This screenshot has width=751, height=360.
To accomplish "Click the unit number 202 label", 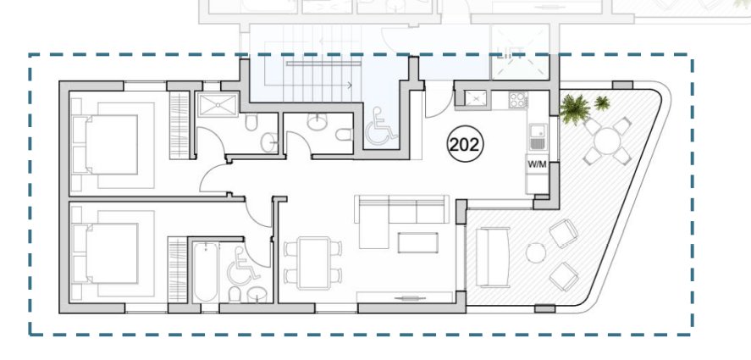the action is click(x=465, y=144).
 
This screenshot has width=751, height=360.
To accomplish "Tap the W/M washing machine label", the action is click(x=537, y=164).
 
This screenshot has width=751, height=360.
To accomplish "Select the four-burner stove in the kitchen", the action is click(x=518, y=100).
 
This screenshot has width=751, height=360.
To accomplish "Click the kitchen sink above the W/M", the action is click(x=538, y=136).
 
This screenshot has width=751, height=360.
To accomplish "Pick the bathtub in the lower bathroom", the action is click(x=206, y=272).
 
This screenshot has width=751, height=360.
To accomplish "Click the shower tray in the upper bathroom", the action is click(x=218, y=104).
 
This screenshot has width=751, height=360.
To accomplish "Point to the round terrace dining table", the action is click(x=607, y=141).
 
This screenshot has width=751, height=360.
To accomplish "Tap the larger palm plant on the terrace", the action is click(x=574, y=108).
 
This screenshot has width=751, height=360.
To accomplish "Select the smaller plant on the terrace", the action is click(x=602, y=102).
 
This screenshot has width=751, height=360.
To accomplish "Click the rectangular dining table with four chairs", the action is click(x=313, y=263).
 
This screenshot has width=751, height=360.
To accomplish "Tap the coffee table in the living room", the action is click(x=417, y=243).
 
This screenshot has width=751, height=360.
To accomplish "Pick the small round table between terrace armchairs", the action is click(x=535, y=252).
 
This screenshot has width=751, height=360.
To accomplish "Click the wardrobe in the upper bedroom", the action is click(x=179, y=125).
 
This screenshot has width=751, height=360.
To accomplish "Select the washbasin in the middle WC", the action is click(x=315, y=123).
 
